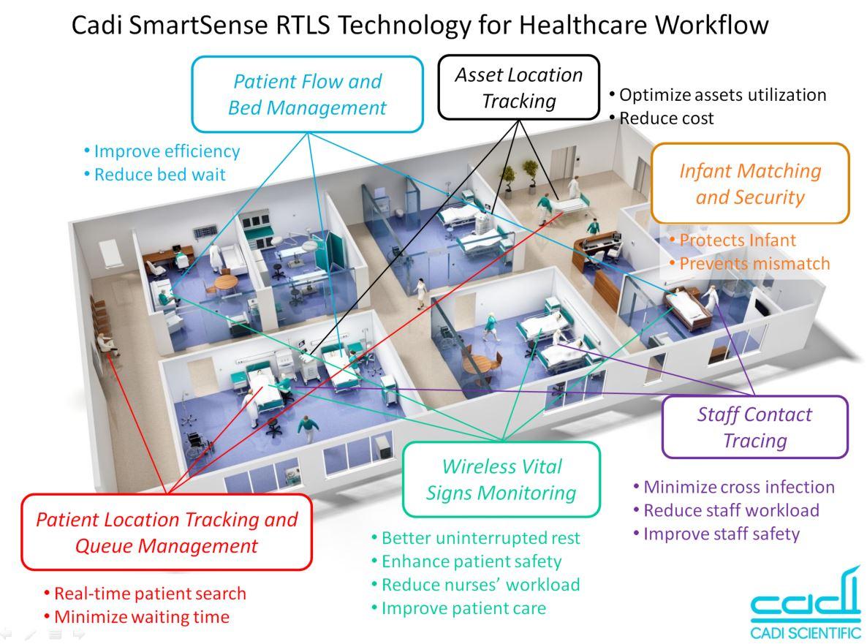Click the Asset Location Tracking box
tap(518, 87)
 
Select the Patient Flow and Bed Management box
tap(307, 94)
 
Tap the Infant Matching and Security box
tap(750, 183)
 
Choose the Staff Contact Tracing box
tap(754, 427)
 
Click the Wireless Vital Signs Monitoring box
tap(501, 479)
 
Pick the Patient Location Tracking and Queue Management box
tap(167, 532)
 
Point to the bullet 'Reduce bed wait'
tap(159, 175)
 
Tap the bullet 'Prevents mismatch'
tap(754, 263)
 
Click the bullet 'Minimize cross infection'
tap(738, 487)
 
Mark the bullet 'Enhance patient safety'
tap(471, 561)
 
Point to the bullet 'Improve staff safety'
tap(721, 534)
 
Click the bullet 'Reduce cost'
tap(666, 118)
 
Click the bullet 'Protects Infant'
tap(737, 240)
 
